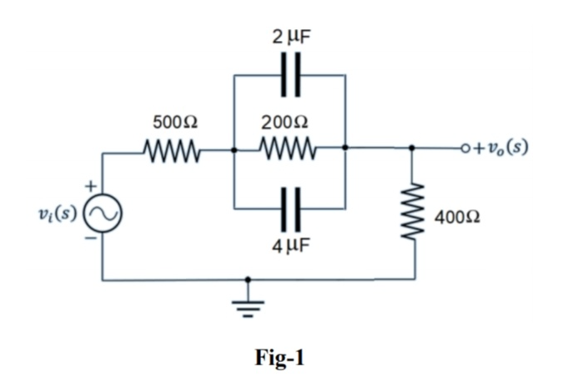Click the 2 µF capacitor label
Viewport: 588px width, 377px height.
(289, 36)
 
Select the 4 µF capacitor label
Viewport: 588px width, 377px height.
(289, 249)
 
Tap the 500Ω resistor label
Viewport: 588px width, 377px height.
(174, 122)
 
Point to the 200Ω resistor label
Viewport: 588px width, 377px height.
(289, 122)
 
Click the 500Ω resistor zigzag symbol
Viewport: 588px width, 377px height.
(174, 152)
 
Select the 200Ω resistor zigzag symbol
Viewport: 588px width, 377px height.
(289, 152)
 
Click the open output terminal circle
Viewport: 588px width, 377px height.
(466, 151)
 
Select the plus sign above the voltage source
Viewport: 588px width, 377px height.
(94, 184)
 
